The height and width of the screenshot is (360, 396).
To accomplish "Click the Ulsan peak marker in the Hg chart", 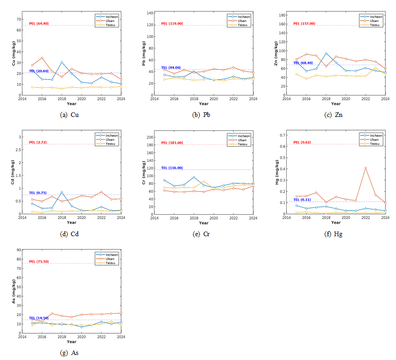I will (x=366, y=168).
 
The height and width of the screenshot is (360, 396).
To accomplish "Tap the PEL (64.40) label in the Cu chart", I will (x=39, y=23).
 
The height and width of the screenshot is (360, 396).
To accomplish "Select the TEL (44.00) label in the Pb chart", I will (x=170, y=67).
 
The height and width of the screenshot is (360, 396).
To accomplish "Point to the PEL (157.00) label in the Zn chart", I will (x=303, y=23).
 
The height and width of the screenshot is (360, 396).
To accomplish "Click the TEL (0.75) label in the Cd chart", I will (x=38, y=193).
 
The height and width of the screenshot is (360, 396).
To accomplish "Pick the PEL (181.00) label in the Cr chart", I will (x=171, y=143).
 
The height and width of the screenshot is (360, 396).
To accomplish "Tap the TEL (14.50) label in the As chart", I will (x=39, y=318).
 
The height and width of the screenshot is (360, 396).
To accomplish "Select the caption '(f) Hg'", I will (x=335, y=234).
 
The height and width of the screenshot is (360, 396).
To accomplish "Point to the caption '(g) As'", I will (x=71, y=353).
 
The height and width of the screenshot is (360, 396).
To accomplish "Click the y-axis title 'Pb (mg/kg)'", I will (x=144, y=54).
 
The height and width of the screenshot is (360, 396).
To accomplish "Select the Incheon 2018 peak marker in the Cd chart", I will (x=62, y=192).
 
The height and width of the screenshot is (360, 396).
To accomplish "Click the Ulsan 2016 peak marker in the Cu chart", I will (x=42, y=58).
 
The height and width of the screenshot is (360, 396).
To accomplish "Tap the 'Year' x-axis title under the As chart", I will (x=72, y=341).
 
